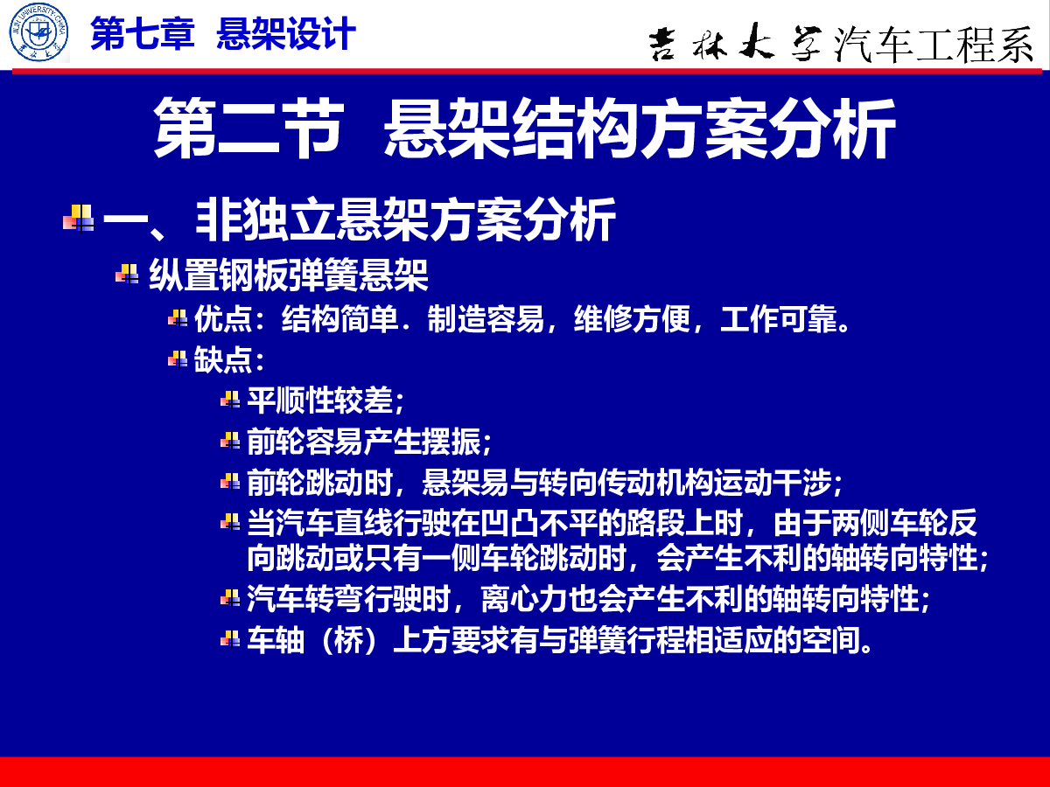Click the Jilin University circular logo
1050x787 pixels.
38,32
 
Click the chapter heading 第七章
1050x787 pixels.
143,33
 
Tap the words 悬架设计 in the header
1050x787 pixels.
286,33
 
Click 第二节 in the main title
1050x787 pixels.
248,128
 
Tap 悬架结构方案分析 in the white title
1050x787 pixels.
640,128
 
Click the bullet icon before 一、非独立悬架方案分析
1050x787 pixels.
79,219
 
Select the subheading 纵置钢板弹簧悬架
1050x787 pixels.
289,275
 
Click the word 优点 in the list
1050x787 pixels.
223,318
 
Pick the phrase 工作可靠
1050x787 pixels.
779,318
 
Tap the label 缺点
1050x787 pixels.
223,359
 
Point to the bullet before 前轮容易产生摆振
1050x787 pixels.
230,441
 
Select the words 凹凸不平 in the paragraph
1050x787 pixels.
539,523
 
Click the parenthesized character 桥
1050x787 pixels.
349,640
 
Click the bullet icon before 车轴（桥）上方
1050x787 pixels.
230,639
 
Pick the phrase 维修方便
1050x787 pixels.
632,318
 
